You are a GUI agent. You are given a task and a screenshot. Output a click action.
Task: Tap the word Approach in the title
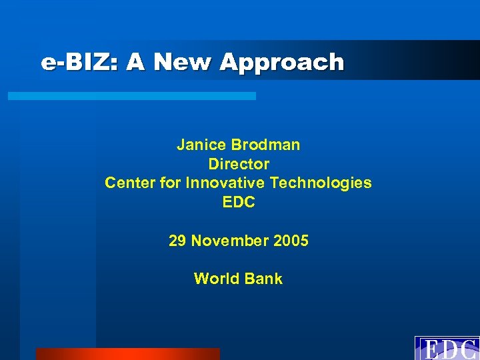282,63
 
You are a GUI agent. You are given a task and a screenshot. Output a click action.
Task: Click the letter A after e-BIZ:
135,63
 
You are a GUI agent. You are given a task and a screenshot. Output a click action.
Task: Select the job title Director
239,164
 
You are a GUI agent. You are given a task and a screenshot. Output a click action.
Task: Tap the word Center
129,183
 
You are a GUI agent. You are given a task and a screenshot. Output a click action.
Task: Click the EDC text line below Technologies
239,202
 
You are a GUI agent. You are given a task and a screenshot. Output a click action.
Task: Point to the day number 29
177,241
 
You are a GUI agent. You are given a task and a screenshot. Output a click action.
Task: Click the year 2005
291,241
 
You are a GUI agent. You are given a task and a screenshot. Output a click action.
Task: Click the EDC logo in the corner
447,349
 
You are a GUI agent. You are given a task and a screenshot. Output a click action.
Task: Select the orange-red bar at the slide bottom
127,354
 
